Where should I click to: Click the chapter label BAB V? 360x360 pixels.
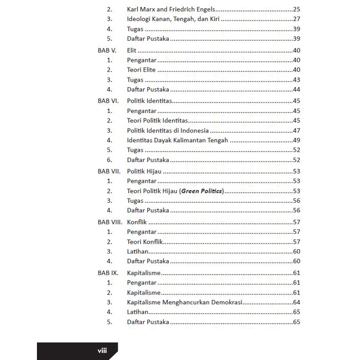pyautogui.click(x=107, y=50)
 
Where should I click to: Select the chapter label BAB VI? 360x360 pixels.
pyautogui.click(x=108, y=100)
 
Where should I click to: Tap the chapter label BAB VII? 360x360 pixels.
pyautogui.click(x=109, y=171)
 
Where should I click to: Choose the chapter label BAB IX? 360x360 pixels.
pyautogui.click(x=108, y=273)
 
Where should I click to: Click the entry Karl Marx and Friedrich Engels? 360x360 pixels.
pyautogui.click(x=171, y=9)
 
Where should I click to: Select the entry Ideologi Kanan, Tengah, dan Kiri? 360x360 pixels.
pyautogui.click(x=174, y=19)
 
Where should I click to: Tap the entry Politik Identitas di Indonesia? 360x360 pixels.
pyautogui.click(x=168, y=131)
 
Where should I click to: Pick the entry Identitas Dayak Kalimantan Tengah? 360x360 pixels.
pyautogui.click(x=177, y=141)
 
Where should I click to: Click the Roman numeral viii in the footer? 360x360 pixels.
pyautogui.click(x=102, y=351)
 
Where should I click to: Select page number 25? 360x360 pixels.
pyautogui.click(x=296, y=9)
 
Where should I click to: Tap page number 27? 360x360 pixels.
pyautogui.click(x=296, y=19)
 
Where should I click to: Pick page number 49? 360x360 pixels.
pyautogui.click(x=296, y=141)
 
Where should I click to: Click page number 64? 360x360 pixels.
pyautogui.click(x=296, y=303)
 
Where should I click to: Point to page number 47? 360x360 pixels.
pyautogui.click(x=296, y=131)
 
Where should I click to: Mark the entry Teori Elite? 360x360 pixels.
pyautogui.click(x=141, y=70)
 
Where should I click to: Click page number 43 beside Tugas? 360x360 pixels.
pyautogui.click(x=296, y=80)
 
